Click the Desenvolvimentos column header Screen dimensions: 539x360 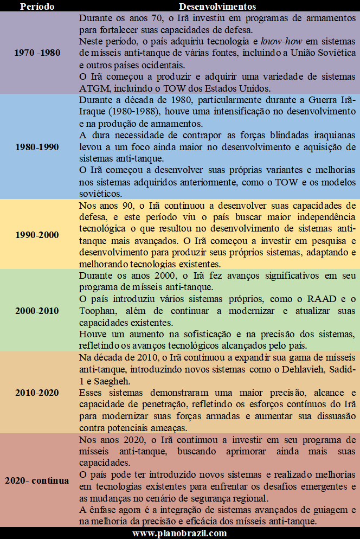[x=217, y=7]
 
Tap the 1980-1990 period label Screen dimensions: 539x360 [x=37, y=146]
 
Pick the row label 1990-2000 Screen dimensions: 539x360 [x=37, y=235]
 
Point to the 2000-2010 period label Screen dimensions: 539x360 [x=37, y=311]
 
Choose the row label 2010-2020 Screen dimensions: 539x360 [x=37, y=392]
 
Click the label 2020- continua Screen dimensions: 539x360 [x=37, y=480]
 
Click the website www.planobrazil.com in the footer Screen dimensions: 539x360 [x=180, y=533]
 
